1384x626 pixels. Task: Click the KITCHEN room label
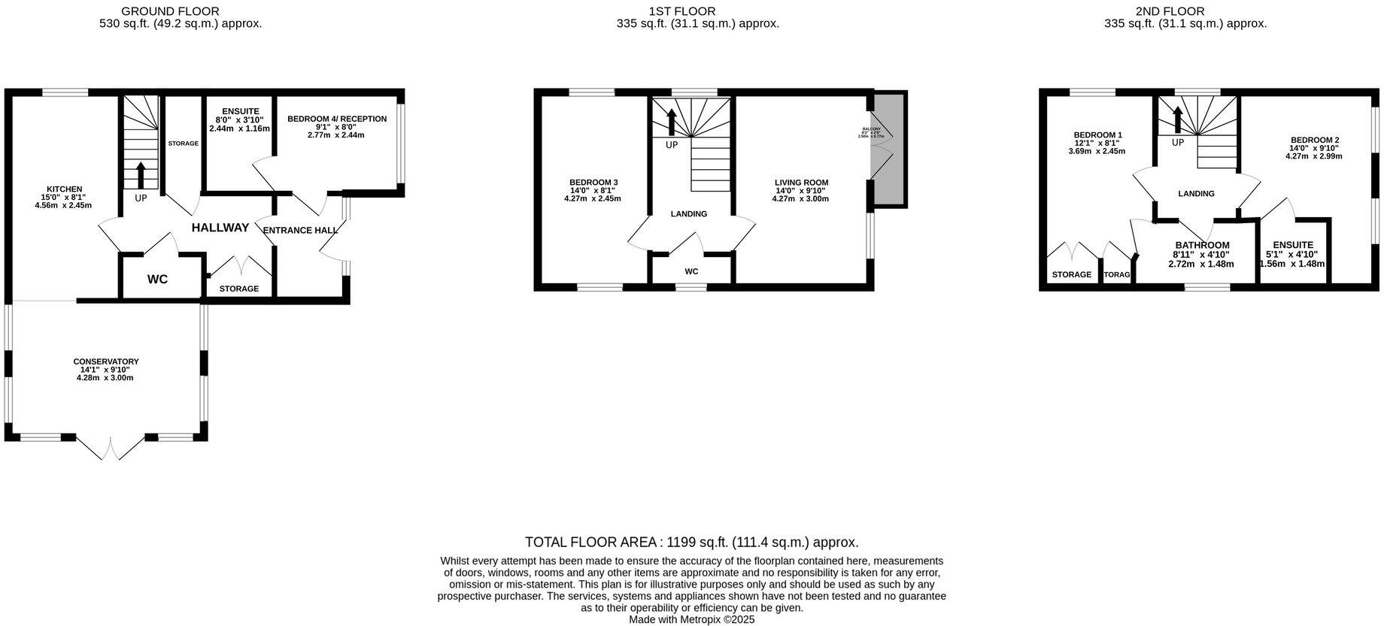click(65, 189)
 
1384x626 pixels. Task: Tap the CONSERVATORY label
click(105, 361)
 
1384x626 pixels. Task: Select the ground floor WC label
click(157, 280)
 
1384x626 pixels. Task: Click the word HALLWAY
click(220, 228)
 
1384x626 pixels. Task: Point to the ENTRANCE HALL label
click(300, 230)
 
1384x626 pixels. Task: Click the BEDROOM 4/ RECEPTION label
click(337, 119)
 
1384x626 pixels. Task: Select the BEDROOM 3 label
click(593, 183)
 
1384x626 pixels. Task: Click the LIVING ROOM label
click(801, 183)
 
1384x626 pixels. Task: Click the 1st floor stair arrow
click(672, 122)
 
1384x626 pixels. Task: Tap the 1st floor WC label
click(691, 271)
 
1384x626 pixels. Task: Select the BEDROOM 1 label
click(1097, 135)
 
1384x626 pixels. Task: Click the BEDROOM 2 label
click(1314, 140)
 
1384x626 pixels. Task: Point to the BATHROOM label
click(1202, 245)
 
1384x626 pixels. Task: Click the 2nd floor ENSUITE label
click(1292, 245)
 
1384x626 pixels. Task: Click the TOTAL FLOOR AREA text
click(691, 542)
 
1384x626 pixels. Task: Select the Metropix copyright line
click(691, 620)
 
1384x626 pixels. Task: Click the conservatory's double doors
click(111, 449)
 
